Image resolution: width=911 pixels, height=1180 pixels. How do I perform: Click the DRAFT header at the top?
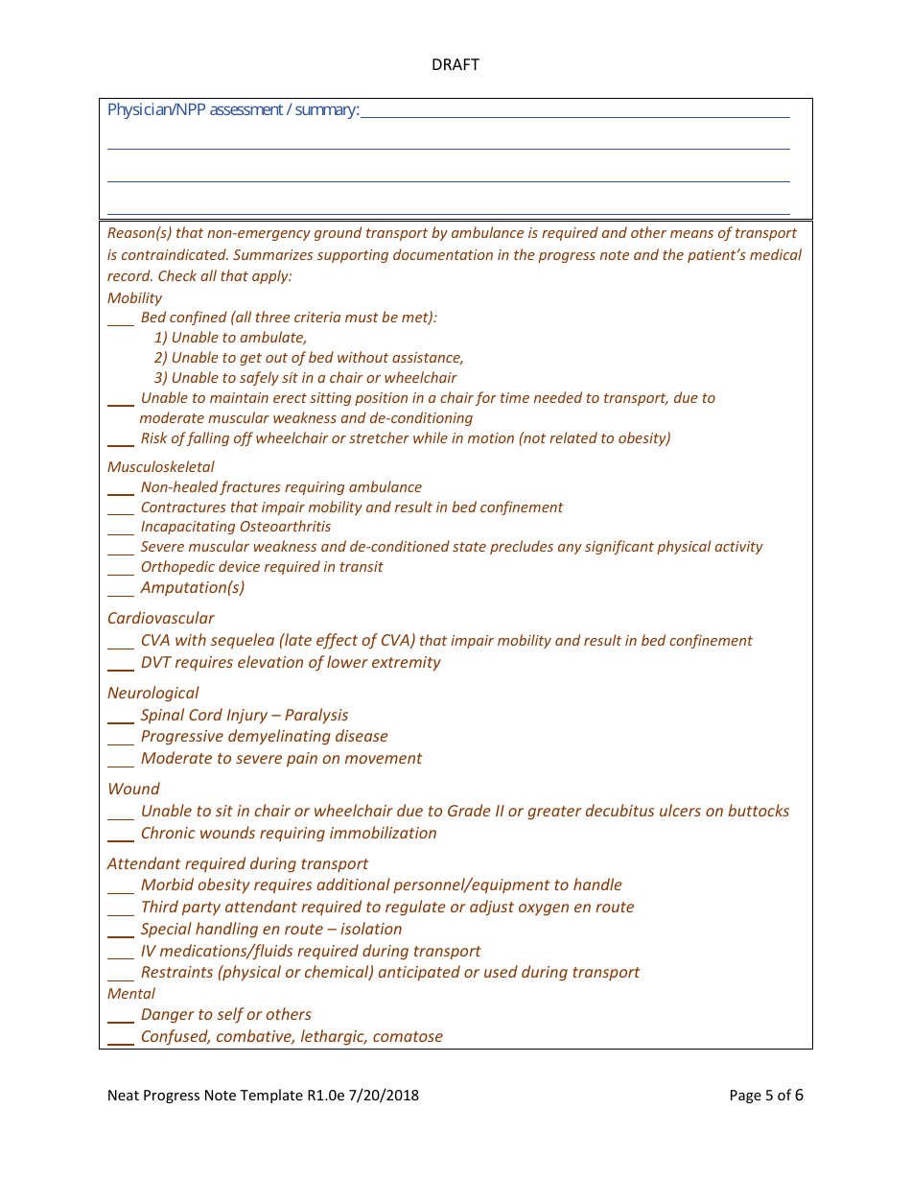point(455,65)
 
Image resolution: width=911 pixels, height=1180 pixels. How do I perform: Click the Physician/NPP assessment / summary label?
point(233,110)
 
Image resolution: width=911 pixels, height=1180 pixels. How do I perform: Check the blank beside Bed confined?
point(121,319)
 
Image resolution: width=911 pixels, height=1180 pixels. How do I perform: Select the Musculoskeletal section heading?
point(161,467)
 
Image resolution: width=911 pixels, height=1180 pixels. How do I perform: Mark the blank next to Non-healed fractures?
point(121,489)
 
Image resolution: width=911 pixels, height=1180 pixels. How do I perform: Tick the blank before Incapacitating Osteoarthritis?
point(121,529)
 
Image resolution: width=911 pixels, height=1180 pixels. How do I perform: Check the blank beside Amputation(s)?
point(121,590)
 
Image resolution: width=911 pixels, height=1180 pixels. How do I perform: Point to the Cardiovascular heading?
point(161,619)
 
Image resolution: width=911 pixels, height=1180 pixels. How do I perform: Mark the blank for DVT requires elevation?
point(121,665)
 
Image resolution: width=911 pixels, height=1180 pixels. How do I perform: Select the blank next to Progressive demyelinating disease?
point(121,739)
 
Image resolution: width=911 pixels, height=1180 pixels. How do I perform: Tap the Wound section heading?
point(133,790)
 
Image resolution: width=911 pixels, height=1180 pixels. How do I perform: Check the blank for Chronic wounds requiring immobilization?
point(121,836)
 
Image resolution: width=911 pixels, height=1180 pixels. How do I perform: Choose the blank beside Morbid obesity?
point(121,887)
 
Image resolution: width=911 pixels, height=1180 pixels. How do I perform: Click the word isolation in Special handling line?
point(371,930)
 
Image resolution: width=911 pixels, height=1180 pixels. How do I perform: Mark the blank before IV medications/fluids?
point(121,954)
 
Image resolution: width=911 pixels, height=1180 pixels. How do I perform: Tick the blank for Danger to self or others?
point(121,1017)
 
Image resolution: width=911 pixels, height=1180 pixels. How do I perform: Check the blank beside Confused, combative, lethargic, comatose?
point(121,1039)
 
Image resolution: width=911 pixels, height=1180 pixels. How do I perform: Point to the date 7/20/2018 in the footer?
point(384,1096)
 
